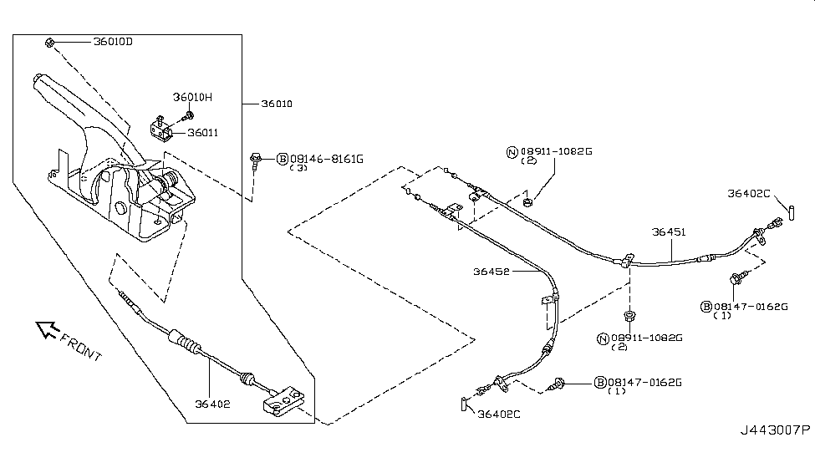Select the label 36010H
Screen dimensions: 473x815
pyautogui.click(x=192, y=98)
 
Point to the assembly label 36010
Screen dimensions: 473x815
pyautogui.click(x=277, y=104)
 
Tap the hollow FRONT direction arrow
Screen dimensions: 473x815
pyautogui.click(x=47, y=331)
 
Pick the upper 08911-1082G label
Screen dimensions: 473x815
pyautogui.click(x=555, y=151)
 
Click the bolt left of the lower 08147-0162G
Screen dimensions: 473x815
pyautogui.click(x=558, y=384)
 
